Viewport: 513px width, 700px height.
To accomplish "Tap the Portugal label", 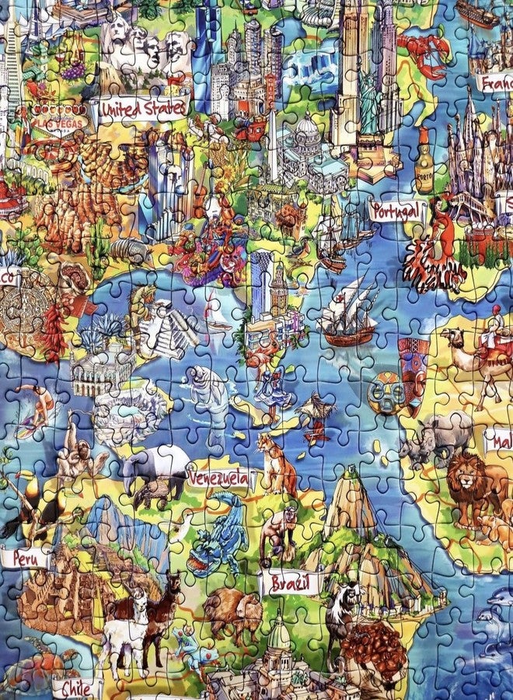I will tap(398, 210).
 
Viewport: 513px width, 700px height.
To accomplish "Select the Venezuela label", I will tap(220, 477).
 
